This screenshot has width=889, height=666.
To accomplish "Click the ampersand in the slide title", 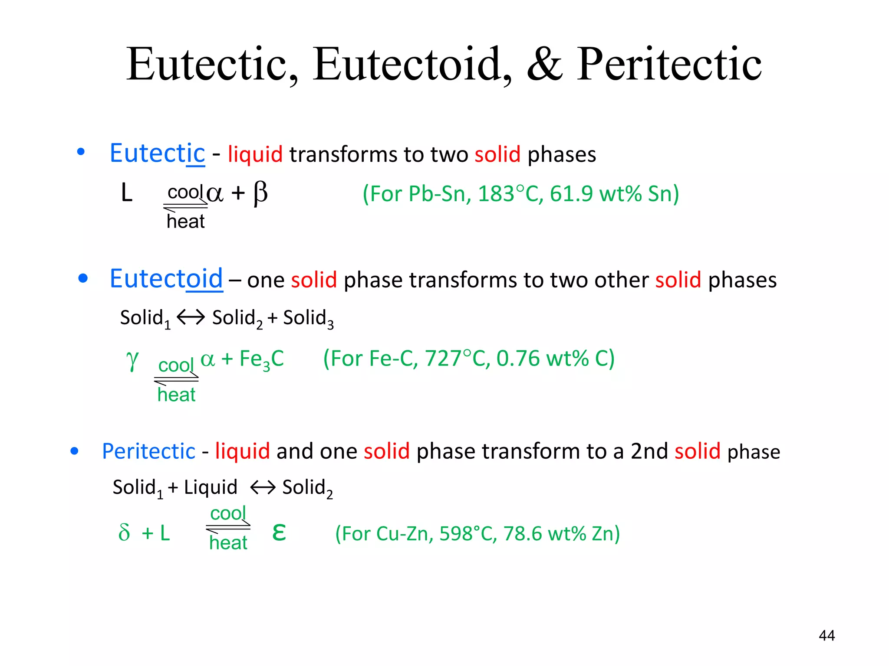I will (x=545, y=65).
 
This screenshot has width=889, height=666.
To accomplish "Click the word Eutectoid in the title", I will (x=412, y=65).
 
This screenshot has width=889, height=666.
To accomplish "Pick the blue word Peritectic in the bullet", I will (x=148, y=451).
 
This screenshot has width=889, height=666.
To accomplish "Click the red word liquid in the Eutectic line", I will (x=255, y=154).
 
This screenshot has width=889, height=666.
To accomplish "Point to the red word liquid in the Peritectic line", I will (x=242, y=451).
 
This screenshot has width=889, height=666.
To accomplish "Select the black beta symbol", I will (x=260, y=193).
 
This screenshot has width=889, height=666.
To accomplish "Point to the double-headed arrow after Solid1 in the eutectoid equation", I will (x=191, y=317).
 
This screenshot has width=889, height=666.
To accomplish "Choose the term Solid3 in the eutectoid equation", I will (x=308, y=318).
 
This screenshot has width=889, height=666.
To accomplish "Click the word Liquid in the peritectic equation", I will (x=211, y=487).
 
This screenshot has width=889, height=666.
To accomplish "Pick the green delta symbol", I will (x=124, y=532).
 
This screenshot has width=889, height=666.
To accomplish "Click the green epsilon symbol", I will (x=279, y=532).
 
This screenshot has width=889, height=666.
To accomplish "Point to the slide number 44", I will (x=826, y=636).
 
